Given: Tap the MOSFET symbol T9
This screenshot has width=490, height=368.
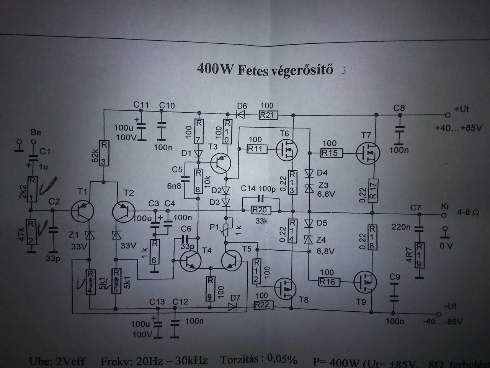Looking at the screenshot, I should [x=365, y=282].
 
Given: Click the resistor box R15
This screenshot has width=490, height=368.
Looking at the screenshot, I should [x=330, y=153].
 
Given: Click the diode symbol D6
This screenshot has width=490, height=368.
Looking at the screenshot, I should [x=241, y=114].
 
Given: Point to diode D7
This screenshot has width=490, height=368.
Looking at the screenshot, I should [x=232, y=306].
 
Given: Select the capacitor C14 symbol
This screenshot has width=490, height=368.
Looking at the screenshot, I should [x=261, y=198].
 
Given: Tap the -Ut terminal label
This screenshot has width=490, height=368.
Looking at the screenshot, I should [x=451, y=306].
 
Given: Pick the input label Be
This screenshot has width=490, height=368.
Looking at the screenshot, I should [x=36, y=132].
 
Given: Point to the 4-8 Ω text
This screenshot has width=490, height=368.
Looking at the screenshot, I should [x=468, y=212].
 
